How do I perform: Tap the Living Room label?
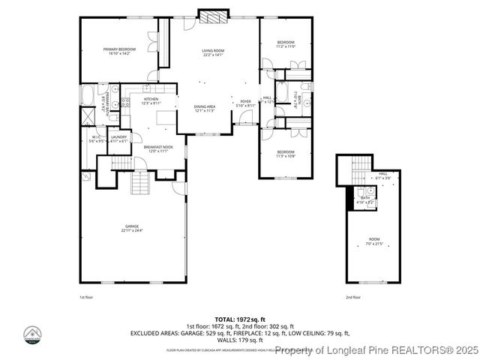(x=213, y=52)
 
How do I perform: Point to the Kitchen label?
(x=151, y=101)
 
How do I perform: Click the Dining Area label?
(x=205, y=109)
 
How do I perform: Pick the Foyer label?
(x=245, y=103)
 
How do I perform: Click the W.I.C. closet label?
(x=97, y=139)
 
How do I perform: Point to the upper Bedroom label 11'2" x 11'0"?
(x=286, y=44)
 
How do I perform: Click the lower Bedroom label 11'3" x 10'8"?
(x=286, y=154)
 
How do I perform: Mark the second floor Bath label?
(x=365, y=199)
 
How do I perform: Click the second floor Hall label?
(x=382, y=175)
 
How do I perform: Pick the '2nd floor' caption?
(x=352, y=298)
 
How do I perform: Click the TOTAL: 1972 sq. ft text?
(x=239, y=319)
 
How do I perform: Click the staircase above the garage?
(x=139, y=181)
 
